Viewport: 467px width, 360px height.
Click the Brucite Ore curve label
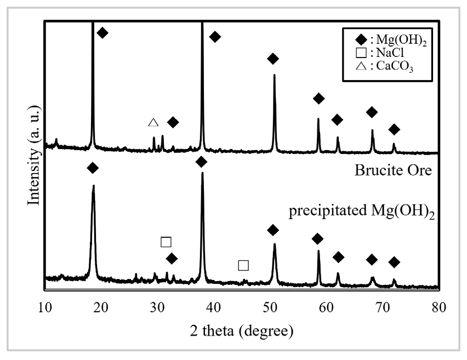pyautogui.click(x=393, y=170)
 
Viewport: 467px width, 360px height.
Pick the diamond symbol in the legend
pyautogui.click(x=360, y=40)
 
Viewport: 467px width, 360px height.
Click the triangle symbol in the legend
pyautogui.click(x=360, y=67)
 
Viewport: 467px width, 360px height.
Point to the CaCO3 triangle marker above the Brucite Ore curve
pyautogui.click(x=153, y=122)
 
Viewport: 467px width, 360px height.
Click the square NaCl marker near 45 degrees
pyautogui.click(x=243, y=265)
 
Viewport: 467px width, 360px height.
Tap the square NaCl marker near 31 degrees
pyautogui.click(x=166, y=242)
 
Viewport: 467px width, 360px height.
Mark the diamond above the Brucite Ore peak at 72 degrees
pyautogui.click(x=394, y=129)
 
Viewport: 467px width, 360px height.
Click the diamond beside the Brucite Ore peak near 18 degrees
pyautogui.click(x=102, y=33)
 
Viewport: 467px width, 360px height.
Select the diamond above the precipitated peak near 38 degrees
pyautogui.click(x=201, y=161)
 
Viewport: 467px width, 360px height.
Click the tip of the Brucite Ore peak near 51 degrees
pyautogui.click(x=274, y=75)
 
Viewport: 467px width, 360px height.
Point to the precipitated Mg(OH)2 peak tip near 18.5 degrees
pyautogui.click(x=93, y=186)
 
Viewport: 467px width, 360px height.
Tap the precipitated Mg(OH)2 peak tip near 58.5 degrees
pyautogui.click(x=318, y=251)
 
